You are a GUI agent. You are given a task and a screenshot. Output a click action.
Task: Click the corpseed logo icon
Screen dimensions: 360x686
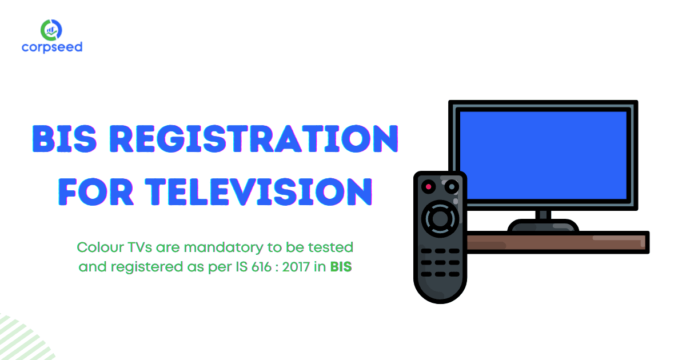[x=52, y=29]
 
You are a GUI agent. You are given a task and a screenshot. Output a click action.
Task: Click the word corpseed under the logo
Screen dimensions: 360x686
[x=52, y=47]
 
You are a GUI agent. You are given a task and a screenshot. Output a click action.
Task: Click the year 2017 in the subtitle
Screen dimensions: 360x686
[x=301, y=267]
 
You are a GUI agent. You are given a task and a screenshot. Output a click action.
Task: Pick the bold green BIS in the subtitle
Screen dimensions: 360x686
[x=341, y=267]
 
